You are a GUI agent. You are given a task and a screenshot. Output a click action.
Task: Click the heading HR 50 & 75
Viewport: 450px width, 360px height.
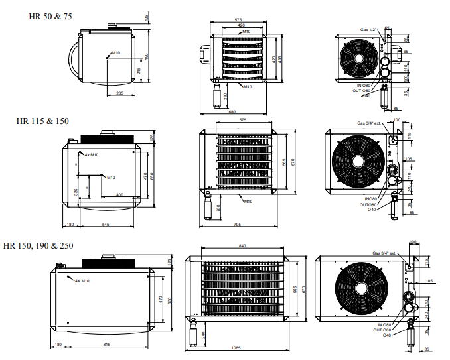(50, 16)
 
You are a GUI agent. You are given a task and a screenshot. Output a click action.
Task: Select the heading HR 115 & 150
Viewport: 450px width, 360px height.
(42, 121)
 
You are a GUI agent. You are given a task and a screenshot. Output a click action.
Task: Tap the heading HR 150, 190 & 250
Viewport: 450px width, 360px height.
(38, 245)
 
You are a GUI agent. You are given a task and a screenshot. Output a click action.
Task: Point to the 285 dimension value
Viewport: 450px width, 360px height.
(120, 93)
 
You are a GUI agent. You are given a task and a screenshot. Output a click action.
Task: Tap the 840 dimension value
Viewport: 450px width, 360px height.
(242, 246)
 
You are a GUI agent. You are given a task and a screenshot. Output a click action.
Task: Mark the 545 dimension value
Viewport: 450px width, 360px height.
(106, 225)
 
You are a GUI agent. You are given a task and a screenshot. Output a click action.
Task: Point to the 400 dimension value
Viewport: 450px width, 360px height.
(119, 195)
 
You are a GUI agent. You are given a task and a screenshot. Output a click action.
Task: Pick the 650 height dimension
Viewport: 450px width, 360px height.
(152, 176)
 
